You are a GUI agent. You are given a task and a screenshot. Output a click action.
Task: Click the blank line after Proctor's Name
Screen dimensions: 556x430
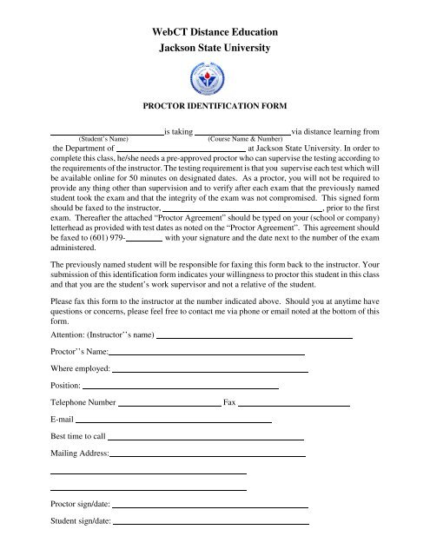tap(207, 354)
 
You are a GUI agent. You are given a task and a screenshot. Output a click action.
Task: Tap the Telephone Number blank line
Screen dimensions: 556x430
tap(169, 405)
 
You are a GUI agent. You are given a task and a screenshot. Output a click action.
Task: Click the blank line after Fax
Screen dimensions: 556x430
tap(294, 405)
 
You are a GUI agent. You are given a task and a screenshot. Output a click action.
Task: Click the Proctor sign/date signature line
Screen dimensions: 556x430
tap(211, 506)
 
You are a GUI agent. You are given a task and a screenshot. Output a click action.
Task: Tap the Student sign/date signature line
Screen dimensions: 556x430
tap(211, 524)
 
